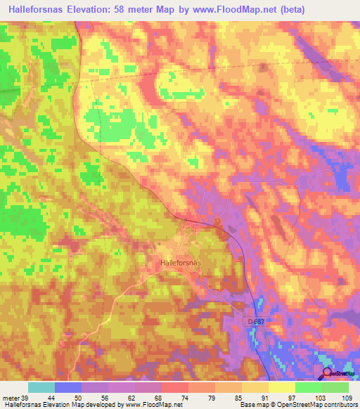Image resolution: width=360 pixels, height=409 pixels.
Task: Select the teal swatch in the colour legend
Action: [41, 387]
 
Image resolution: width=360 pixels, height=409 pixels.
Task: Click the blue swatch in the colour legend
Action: [68, 387]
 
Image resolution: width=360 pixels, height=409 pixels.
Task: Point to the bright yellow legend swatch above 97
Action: [282, 387]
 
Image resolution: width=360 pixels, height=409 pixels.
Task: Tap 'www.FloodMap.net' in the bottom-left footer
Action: [151, 405]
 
